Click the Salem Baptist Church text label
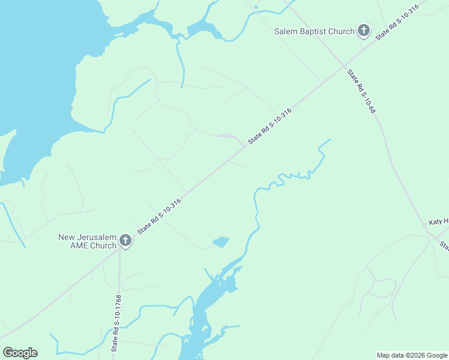point(314,31)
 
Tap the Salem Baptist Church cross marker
point(363,30)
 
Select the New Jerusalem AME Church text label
point(87,241)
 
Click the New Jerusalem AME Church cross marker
point(125,241)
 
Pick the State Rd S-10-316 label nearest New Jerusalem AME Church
point(159,216)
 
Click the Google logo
point(20,353)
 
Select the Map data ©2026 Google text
point(411,355)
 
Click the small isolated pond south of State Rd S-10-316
point(221,242)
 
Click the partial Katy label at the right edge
point(439,222)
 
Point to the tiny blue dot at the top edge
point(256,7)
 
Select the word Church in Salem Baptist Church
point(342,31)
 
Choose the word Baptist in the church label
point(313,31)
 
